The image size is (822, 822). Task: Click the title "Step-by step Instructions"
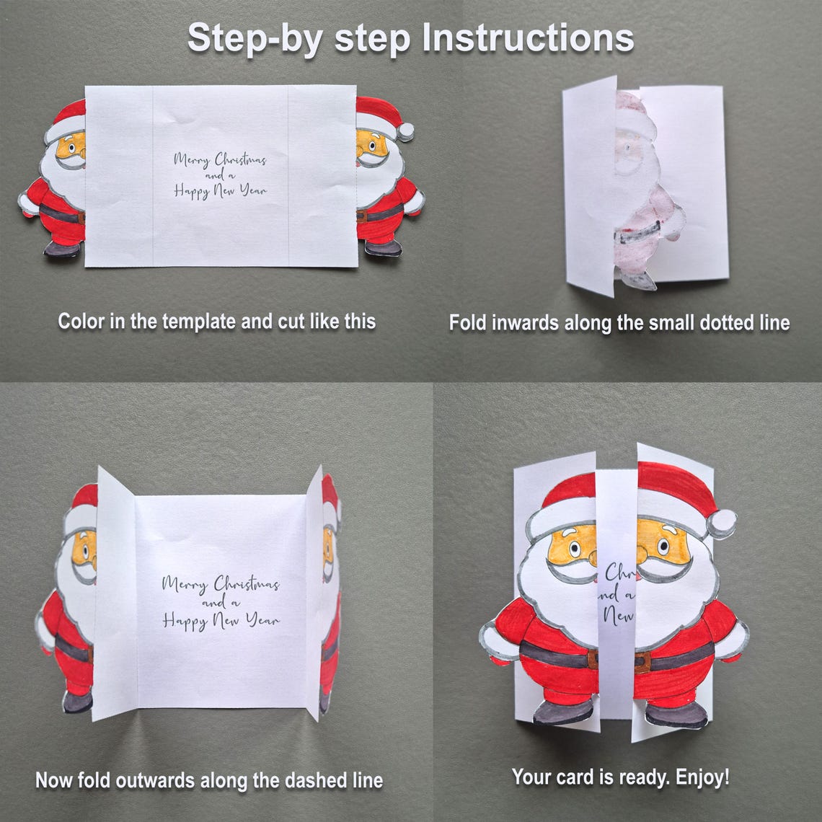[410, 37]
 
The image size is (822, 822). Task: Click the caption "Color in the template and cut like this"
[216, 321]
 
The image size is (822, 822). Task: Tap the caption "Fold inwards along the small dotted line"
[619, 322]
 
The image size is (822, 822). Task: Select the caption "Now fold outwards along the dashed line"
[209, 780]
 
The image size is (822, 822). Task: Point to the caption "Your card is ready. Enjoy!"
[620, 777]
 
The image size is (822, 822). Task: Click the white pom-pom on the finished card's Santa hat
[721, 523]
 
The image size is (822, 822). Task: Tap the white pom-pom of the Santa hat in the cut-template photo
[406, 131]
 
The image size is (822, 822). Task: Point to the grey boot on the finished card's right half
[675, 715]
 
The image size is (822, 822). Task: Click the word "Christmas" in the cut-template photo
[240, 160]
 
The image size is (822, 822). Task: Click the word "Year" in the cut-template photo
[252, 191]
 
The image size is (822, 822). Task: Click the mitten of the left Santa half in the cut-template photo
[27, 204]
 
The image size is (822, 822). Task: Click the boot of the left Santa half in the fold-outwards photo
[77, 701]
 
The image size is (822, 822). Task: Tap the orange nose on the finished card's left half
[591, 556]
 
